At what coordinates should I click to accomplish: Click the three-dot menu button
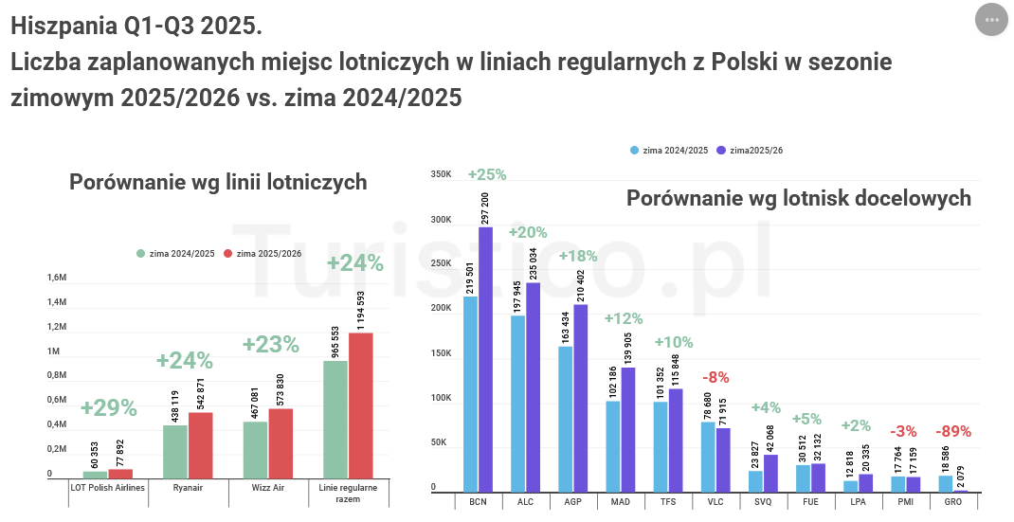pyautogui.click(x=991, y=20)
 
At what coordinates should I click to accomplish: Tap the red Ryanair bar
pyautogui.click(x=200, y=446)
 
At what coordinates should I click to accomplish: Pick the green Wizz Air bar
pyautogui.click(x=255, y=450)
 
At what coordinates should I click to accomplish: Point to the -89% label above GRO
pyautogui.click(x=952, y=432)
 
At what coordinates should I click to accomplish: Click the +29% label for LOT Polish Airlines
pyautogui.click(x=108, y=408)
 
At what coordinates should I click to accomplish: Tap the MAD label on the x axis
pyautogui.click(x=621, y=502)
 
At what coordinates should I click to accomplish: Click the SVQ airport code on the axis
pyautogui.click(x=763, y=502)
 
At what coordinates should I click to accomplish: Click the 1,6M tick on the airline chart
pyautogui.click(x=56, y=278)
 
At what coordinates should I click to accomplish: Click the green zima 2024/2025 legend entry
pyautogui.click(x=175, y=253)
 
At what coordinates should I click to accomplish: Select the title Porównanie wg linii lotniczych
pyautogui.click(x=218, y=182)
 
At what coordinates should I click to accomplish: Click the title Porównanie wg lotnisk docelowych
pyautogui.click(x=798, y=198)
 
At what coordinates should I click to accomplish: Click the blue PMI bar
pyautogui.click(x=898, y=482)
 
